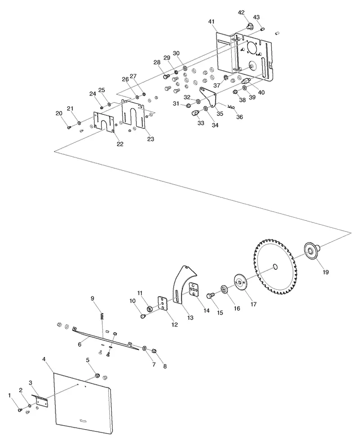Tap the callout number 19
(x=326, y=272)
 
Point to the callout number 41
(x=211, y=22)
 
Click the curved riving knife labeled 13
(x=181, y=284)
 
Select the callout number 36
(x=239, y=117)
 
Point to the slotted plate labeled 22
(x=104, y=122)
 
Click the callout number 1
(x=9, y=395)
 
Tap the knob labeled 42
(x=249, y=27)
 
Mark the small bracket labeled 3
(x=42, y=401)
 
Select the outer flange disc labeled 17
(x=240, y=282)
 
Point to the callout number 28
(x=157, y=63)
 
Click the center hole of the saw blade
(x=275, y=266)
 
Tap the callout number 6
(x=80, y=344)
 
